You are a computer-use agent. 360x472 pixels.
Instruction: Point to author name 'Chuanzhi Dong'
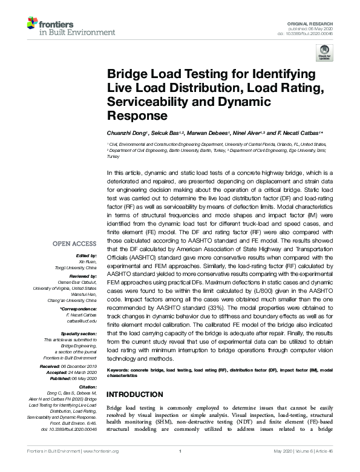pyautogui.click(x=125, y=132)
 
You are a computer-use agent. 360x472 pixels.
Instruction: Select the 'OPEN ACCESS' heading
pyautogui.click(x=74, y=244)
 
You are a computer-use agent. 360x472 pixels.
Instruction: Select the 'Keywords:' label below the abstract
pyautogui.click(x=119, y=369)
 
